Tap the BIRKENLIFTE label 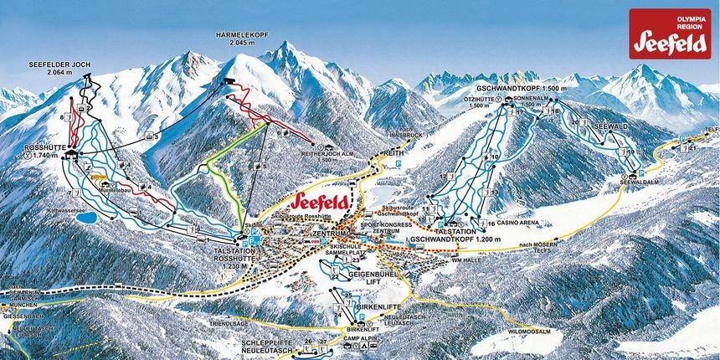[362, 306]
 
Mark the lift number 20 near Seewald [574, 123]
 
